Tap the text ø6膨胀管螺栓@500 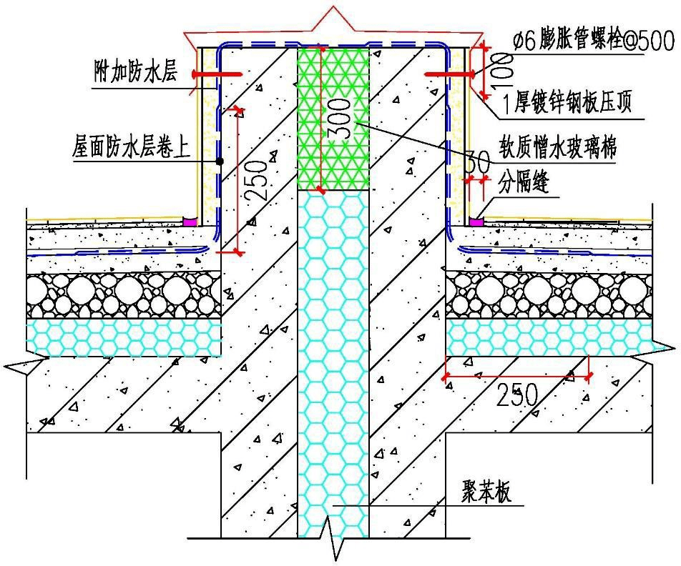[593, 42]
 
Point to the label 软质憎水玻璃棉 [559, 149]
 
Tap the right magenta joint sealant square [476, 222]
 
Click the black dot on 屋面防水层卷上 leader [220, 162]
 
